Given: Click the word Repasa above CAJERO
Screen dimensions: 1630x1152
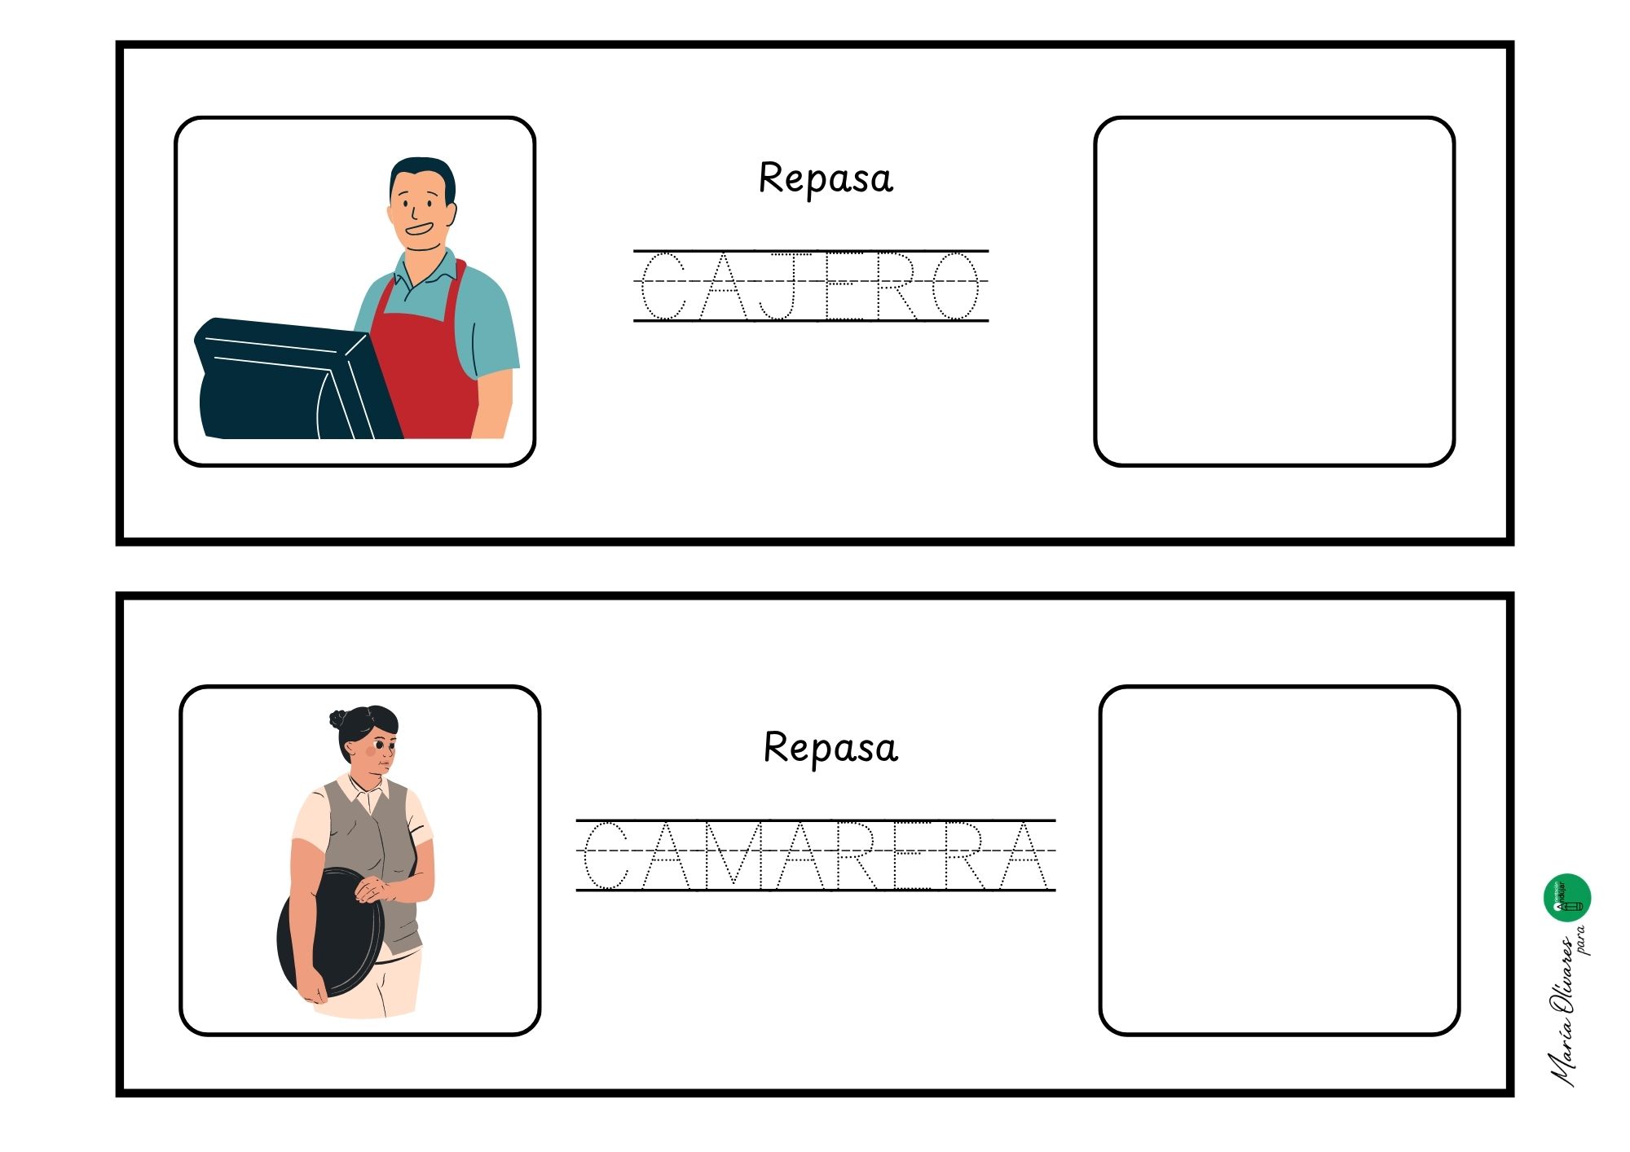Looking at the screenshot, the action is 826,178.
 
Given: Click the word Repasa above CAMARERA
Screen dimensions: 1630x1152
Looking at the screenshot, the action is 830,748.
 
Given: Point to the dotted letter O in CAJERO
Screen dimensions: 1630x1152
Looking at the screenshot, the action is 954,285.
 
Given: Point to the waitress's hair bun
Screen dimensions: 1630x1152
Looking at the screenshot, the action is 338,719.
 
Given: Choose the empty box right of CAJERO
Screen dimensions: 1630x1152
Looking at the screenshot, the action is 1274,292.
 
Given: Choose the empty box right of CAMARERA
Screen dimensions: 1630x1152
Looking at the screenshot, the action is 1279,860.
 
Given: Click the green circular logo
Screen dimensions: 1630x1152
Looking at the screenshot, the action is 1567,898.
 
